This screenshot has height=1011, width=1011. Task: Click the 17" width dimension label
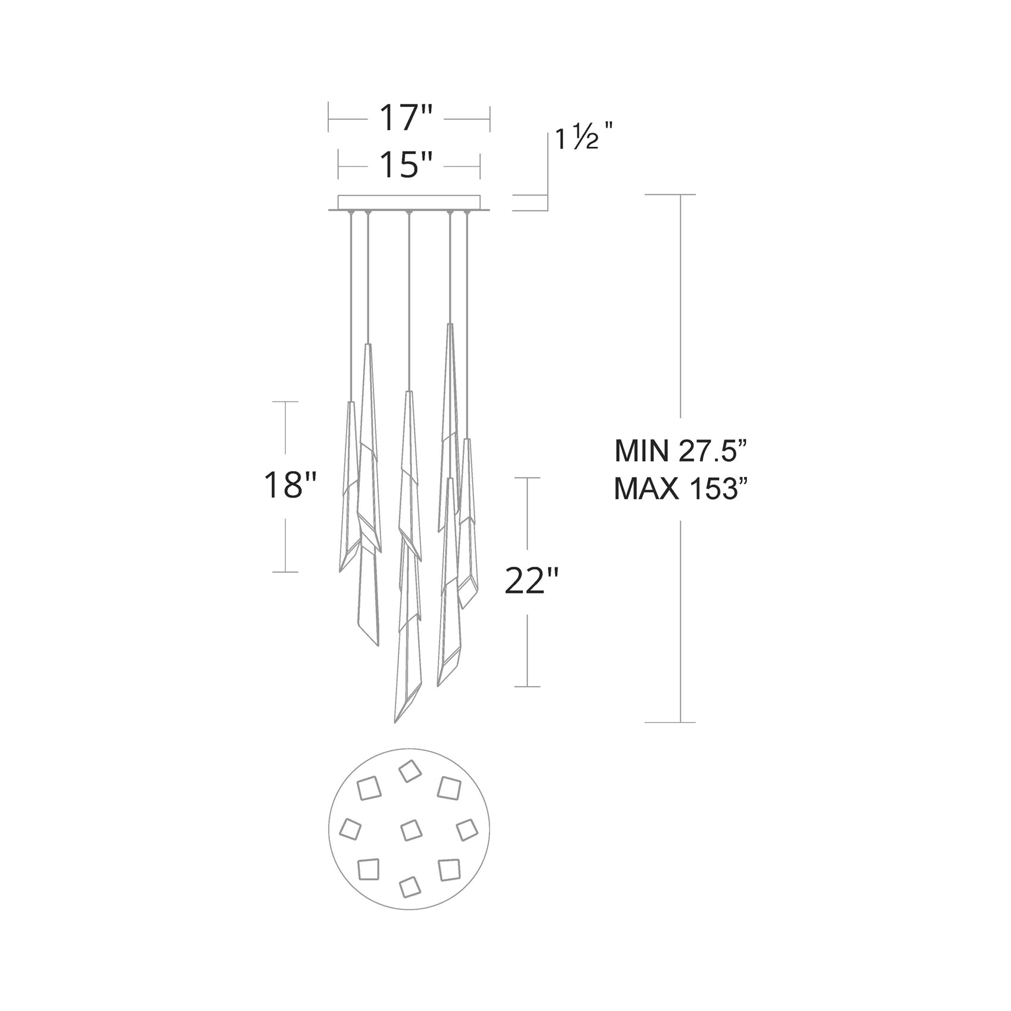[x=407, y=118]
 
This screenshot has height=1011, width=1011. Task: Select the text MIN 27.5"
[x=679, y=451]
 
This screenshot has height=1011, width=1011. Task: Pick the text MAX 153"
[x=679, y=491]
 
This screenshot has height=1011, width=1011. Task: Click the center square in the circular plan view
[x=410, y=830]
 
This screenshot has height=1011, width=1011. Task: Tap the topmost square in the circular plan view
[x=410, y=772]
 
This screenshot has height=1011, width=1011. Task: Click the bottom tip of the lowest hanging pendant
[x=395, y=722]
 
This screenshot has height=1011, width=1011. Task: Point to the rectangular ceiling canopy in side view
[x=409, y=202]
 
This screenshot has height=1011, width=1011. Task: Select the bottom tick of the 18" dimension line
[x=285, y=572]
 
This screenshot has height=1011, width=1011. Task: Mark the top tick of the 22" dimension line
[x=527, y=478]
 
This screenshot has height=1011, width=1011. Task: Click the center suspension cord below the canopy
[x=407, y=297]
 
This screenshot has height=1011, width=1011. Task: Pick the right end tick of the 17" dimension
[x=489, y=119]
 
